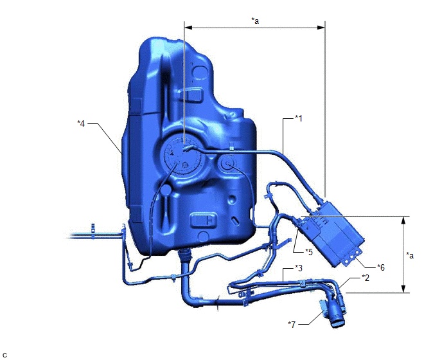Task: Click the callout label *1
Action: click(x=299, y=118)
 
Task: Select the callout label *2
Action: click(x=366, y=278)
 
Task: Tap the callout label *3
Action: click(x=299, y=267)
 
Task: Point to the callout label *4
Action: click(x=81, y=123)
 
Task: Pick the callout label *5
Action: click(x=309, y=251)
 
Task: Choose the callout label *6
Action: click(x=381, y=267)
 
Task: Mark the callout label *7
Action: click(x=292, y=325)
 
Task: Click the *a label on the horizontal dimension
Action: click(x=255, y=21)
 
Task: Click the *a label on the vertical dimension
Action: click(x=410, y=255)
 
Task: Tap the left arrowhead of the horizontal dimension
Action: click(x=188, y=28)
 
